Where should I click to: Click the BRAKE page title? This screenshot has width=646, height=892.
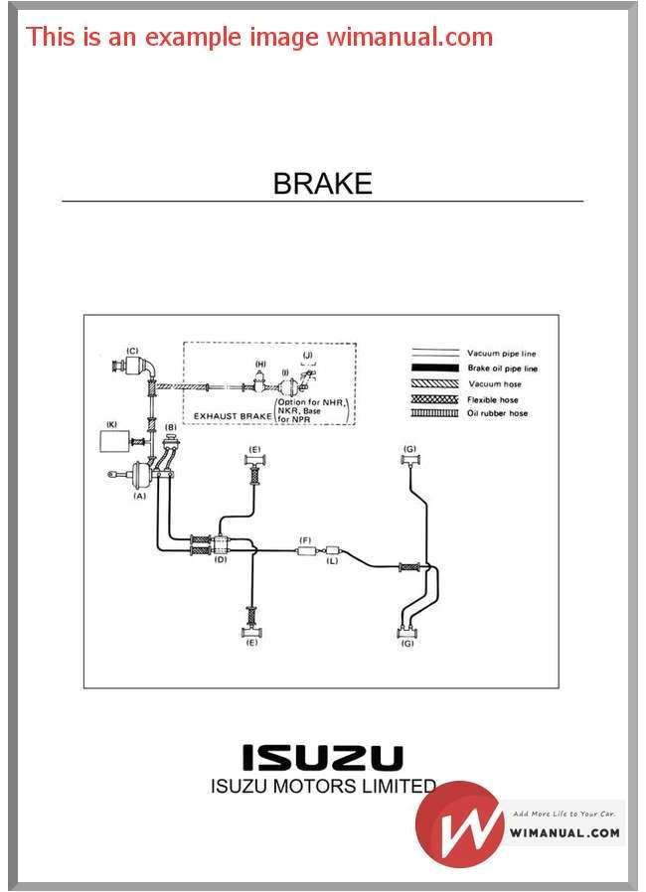point(322,184)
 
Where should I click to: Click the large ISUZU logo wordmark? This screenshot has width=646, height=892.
point(324,758)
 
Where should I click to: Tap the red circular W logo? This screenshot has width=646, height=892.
point(458,823)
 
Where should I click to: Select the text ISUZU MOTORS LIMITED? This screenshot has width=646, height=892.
point(324,787)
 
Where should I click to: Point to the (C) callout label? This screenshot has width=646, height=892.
point(131,350)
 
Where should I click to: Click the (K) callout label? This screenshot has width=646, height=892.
point(111,424)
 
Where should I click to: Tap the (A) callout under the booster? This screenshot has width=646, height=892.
point(139,495)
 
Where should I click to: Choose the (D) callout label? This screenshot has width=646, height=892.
point(221,559)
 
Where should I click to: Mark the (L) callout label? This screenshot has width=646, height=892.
point(332,561)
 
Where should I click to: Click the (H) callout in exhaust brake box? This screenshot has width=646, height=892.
point(260,365)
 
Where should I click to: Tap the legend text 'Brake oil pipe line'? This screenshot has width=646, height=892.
point(502,369)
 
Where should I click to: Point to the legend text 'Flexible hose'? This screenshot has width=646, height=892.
point(493,398)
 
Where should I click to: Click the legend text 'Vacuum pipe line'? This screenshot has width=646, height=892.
point(502,354)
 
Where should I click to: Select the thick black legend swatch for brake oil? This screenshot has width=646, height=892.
point(434,369)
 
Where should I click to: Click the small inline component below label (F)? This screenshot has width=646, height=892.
point(306,549)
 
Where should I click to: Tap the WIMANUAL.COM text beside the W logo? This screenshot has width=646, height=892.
point(565,832)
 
